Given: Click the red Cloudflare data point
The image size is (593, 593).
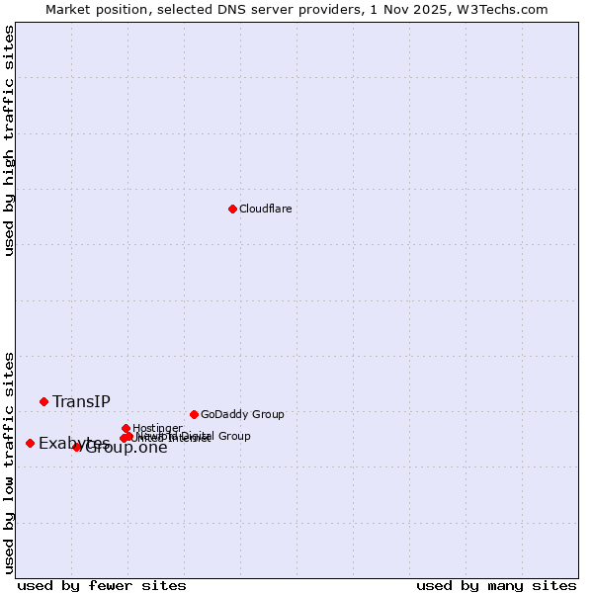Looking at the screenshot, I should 232,209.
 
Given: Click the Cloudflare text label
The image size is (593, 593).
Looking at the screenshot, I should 265,209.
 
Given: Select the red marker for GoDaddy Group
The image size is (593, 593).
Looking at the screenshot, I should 194,414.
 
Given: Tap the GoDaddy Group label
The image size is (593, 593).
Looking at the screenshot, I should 242,414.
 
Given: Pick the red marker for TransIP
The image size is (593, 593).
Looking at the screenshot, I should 43,401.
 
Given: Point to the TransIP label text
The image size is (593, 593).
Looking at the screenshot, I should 81,401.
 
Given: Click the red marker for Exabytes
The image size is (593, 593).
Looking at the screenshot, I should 30,443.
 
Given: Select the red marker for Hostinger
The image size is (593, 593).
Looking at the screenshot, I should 126,428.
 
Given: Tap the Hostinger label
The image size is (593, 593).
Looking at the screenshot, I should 157,428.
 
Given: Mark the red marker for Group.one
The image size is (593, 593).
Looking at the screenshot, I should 77,447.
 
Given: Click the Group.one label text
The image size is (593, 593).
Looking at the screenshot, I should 127,448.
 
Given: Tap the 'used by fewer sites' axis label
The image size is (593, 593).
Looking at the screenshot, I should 102,585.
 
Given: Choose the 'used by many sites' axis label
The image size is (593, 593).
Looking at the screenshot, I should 496,585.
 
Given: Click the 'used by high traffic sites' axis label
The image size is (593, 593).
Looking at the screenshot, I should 9,141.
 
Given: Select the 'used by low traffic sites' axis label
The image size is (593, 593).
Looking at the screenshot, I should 9,463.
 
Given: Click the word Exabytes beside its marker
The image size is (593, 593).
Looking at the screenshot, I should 74,443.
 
